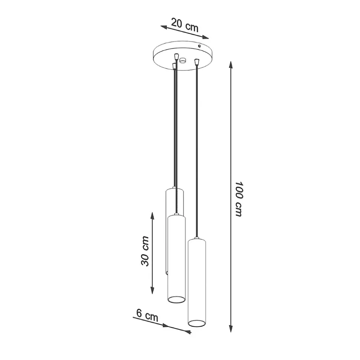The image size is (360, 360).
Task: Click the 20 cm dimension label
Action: (184, 25)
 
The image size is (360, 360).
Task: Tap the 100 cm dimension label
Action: (239, 199)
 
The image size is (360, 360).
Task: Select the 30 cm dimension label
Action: (145, 251)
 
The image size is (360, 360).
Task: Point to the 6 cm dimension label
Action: (147, 316)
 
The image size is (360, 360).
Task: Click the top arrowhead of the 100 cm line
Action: (231, 65)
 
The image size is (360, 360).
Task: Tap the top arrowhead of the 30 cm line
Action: (152, 216)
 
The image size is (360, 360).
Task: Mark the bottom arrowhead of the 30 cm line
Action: (152, 290)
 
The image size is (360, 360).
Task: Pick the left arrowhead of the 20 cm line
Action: (164, 27)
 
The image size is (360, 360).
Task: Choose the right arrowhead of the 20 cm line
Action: (205, 37)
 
